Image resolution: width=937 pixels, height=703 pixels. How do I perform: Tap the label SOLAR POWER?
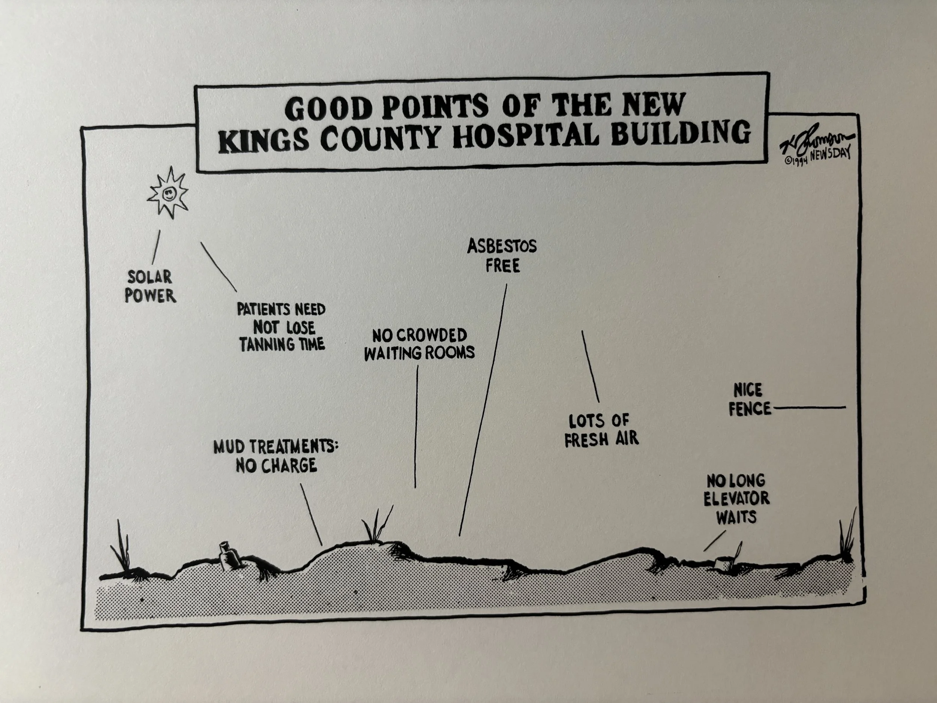tap(150, 286)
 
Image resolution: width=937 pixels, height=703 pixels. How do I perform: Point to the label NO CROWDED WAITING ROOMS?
tap(419, 344)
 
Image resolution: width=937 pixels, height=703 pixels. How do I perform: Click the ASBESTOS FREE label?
tap(502, 256)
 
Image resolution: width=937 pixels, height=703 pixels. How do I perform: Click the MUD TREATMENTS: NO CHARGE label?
tap(276, 456)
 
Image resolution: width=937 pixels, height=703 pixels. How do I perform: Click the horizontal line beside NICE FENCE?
tap(810, 408)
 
